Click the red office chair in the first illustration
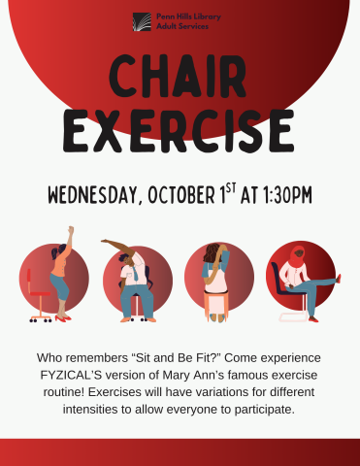40,291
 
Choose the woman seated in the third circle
215,277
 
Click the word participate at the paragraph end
260,409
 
